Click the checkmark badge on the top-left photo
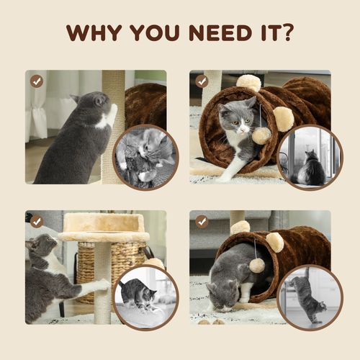point(37,81)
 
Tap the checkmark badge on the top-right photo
point(202,81)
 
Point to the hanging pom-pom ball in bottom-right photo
point(256,265)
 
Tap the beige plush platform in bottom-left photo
point(104,225)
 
